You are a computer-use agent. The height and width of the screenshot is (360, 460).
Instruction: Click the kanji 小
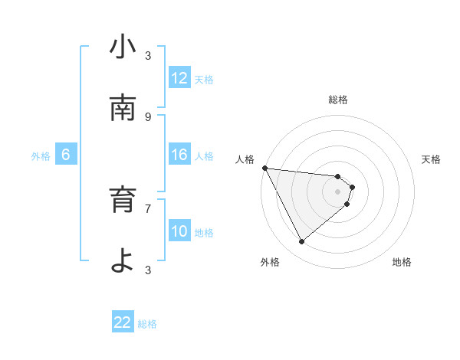123,47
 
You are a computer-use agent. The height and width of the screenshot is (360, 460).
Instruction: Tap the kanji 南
123,109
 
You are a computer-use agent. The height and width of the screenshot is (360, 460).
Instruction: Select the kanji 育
123,201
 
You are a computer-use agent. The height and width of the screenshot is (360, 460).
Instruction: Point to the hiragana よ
123,261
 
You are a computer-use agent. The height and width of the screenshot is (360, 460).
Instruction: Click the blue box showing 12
179,77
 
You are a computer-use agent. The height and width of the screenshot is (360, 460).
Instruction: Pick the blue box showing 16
179,155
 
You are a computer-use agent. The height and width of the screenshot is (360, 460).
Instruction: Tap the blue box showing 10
179,231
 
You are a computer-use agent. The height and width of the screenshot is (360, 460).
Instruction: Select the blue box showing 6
66,155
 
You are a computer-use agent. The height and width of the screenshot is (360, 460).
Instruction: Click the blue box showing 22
123,322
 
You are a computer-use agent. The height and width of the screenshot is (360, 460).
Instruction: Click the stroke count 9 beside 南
148,117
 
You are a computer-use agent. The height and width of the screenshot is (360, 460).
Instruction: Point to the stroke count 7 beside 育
148,208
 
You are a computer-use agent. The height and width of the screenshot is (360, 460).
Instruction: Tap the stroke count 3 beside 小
148,56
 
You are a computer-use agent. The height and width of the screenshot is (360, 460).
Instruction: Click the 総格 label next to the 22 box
147,324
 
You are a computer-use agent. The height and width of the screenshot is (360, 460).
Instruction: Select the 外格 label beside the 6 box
41,156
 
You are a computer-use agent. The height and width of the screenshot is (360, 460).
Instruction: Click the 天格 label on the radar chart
432,159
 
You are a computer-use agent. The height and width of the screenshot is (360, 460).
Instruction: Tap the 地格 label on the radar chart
402,262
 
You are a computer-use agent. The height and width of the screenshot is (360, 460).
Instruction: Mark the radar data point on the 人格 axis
264,168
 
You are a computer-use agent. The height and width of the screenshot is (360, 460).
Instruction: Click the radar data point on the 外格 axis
301,241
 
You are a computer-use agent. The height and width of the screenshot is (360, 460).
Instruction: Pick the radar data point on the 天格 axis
352,187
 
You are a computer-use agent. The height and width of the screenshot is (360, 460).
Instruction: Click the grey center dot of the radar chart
338,191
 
